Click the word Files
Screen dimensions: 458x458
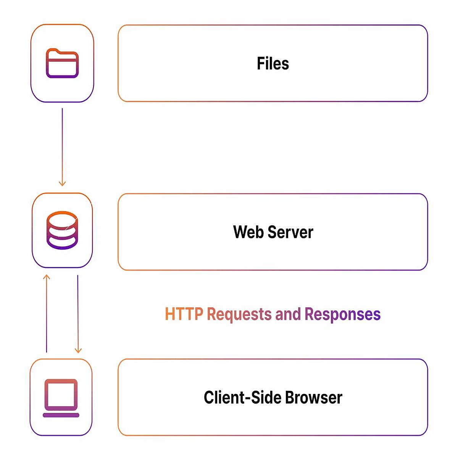click(x=273, y=63)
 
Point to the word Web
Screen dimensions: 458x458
click(x=248, y=232)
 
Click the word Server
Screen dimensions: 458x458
click(x=290, y=232)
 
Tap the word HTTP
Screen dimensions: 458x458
click(x=184, y=314)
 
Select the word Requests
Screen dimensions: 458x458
click(x=239, y=314)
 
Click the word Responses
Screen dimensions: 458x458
click(x=342, y=314)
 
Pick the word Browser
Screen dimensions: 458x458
click(x=314, y=397)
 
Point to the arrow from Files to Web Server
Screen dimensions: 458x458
click(x=62, y=147)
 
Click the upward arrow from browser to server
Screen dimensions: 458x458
click(x=47, y=313)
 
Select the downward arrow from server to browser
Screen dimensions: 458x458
click(x=78, y=314)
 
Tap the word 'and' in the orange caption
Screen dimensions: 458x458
click(x=288, y=314)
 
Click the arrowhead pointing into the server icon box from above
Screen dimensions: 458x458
click(x=62, y=184)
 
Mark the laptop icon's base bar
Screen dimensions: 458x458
click(x=61, y=415)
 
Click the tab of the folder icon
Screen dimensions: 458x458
click(x=53, y=51)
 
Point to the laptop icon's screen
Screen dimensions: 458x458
click(x=61, y=395)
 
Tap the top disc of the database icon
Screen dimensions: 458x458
click(x=62, y=220)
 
